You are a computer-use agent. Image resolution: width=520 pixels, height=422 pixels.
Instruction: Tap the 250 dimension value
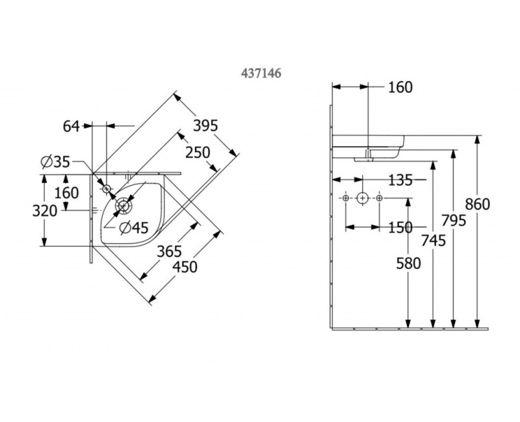click(197, 153)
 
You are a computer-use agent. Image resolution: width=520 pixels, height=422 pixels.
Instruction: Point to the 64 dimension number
click(71, 126)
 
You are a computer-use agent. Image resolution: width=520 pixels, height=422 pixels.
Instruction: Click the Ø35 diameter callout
click(55, 162)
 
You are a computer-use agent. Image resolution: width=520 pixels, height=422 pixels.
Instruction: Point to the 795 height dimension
click(453, 221)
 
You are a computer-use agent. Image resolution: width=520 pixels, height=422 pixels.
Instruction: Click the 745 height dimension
click(433, 241)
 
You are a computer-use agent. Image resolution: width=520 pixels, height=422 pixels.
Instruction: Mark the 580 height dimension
click(408, 263)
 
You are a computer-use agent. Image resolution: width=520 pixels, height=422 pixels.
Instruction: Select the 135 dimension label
click(400, 179)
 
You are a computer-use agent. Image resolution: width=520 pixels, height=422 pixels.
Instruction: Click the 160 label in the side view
click(400, 87)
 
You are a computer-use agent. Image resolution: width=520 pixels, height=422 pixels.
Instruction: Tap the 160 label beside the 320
click(66, 193)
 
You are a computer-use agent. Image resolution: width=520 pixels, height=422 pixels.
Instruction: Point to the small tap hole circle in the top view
click(107, 188)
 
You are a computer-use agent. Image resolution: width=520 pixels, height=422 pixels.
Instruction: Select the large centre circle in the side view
click(363, 197)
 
